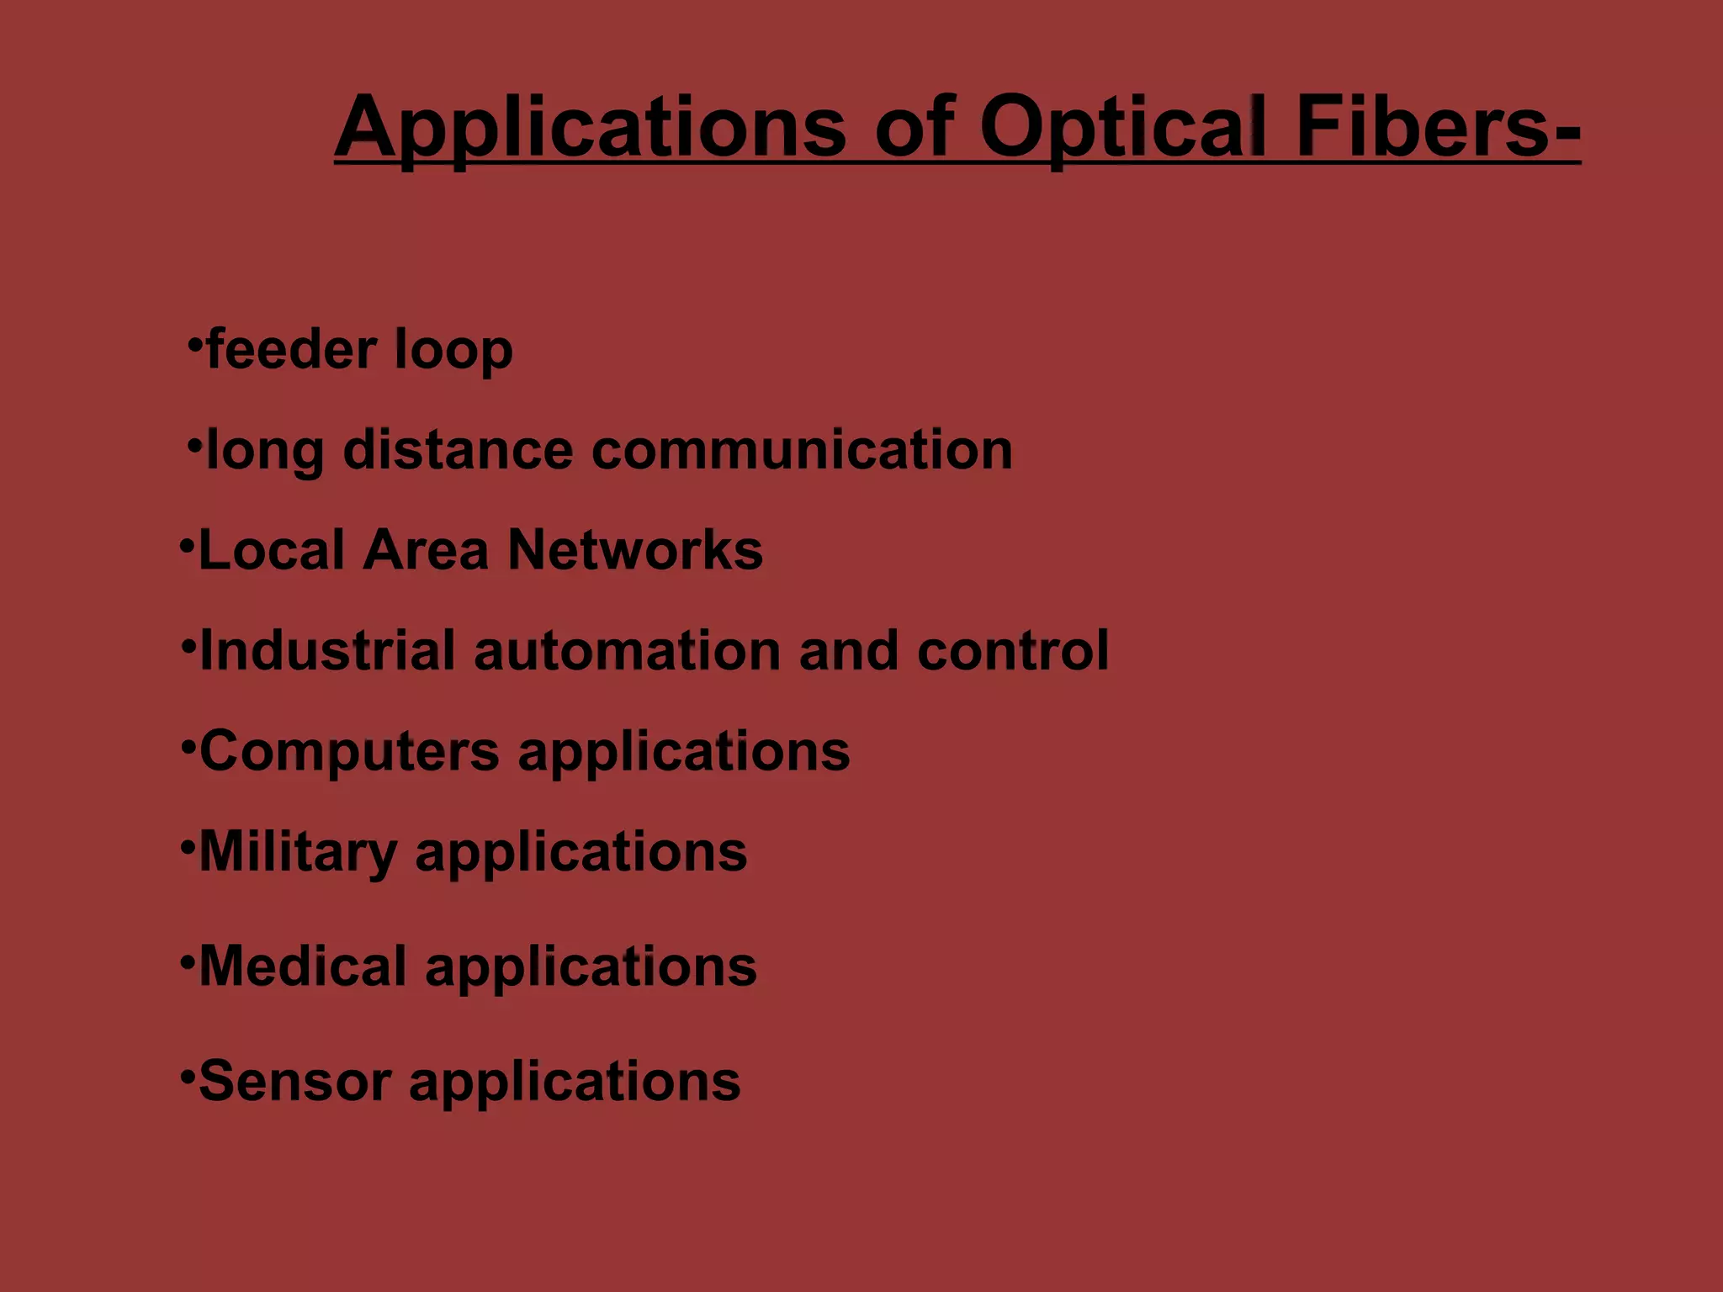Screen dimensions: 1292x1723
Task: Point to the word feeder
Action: click(291, 349)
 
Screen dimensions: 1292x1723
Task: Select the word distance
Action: click(458, 449)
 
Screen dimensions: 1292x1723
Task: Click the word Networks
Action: click(635, 550)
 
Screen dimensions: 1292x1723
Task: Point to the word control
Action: click(1013, 650)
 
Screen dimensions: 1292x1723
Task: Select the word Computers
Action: click(349, 751)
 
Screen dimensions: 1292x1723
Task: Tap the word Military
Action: click(298, 852)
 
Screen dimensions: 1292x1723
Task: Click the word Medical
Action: click(303, 966)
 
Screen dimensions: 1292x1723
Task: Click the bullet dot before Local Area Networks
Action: click(187, 545)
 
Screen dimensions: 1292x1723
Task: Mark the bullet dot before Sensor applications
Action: click(188, 1074)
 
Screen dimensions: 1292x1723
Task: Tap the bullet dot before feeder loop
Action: click(195, 343)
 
